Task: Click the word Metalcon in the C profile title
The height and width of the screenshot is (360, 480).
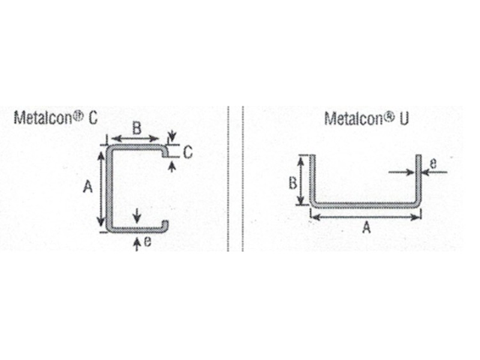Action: tap(43, 118)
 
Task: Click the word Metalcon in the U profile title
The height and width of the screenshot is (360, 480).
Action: tap(353, 118)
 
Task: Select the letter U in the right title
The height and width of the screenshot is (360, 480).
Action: tap(404, 119)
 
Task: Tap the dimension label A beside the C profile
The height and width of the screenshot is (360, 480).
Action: tap(88, 187)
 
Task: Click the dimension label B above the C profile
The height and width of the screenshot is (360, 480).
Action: tap(137, 128)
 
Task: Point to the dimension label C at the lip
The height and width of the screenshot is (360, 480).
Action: tap(188, 152)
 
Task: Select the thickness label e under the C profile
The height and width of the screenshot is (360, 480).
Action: tap(148, 242)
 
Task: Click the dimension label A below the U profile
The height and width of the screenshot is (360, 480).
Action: tap(366, 227)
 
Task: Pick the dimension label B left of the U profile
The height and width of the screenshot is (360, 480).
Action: tap(293, 183)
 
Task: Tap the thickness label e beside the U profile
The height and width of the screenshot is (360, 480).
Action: tap(433, 164)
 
